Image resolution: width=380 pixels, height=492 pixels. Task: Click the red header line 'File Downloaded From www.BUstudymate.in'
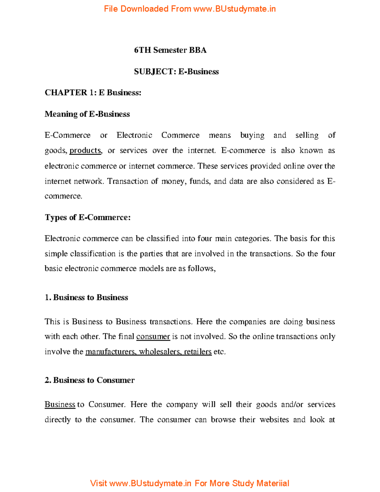tap(190, 9)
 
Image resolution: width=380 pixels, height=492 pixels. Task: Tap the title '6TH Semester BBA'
tap(170, 50)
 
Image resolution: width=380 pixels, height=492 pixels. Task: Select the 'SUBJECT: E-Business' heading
tap(176, 72)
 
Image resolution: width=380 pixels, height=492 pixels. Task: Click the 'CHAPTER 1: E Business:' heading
tap(93, 93)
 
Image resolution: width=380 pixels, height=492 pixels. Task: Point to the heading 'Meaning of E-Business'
tap(87, 114)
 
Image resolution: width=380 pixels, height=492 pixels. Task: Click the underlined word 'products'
tap(85, 150)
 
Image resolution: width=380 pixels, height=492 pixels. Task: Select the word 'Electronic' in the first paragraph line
tap(134, 135)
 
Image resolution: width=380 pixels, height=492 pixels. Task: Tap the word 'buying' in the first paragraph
tap(252, 135)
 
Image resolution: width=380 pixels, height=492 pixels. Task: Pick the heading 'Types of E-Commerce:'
tap(87, 217)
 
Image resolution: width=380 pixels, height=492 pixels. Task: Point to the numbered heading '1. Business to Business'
tap(86, 297)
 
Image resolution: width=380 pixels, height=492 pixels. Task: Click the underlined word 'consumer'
tap(153, 336)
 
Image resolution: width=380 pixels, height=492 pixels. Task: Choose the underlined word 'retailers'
tap(198, 352)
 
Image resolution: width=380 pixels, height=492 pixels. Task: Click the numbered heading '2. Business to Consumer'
tap(89, 380)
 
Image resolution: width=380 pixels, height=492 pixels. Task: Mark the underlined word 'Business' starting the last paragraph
tap(60, 405)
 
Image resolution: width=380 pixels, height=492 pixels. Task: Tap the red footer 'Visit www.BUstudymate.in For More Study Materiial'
tap(189, 483)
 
